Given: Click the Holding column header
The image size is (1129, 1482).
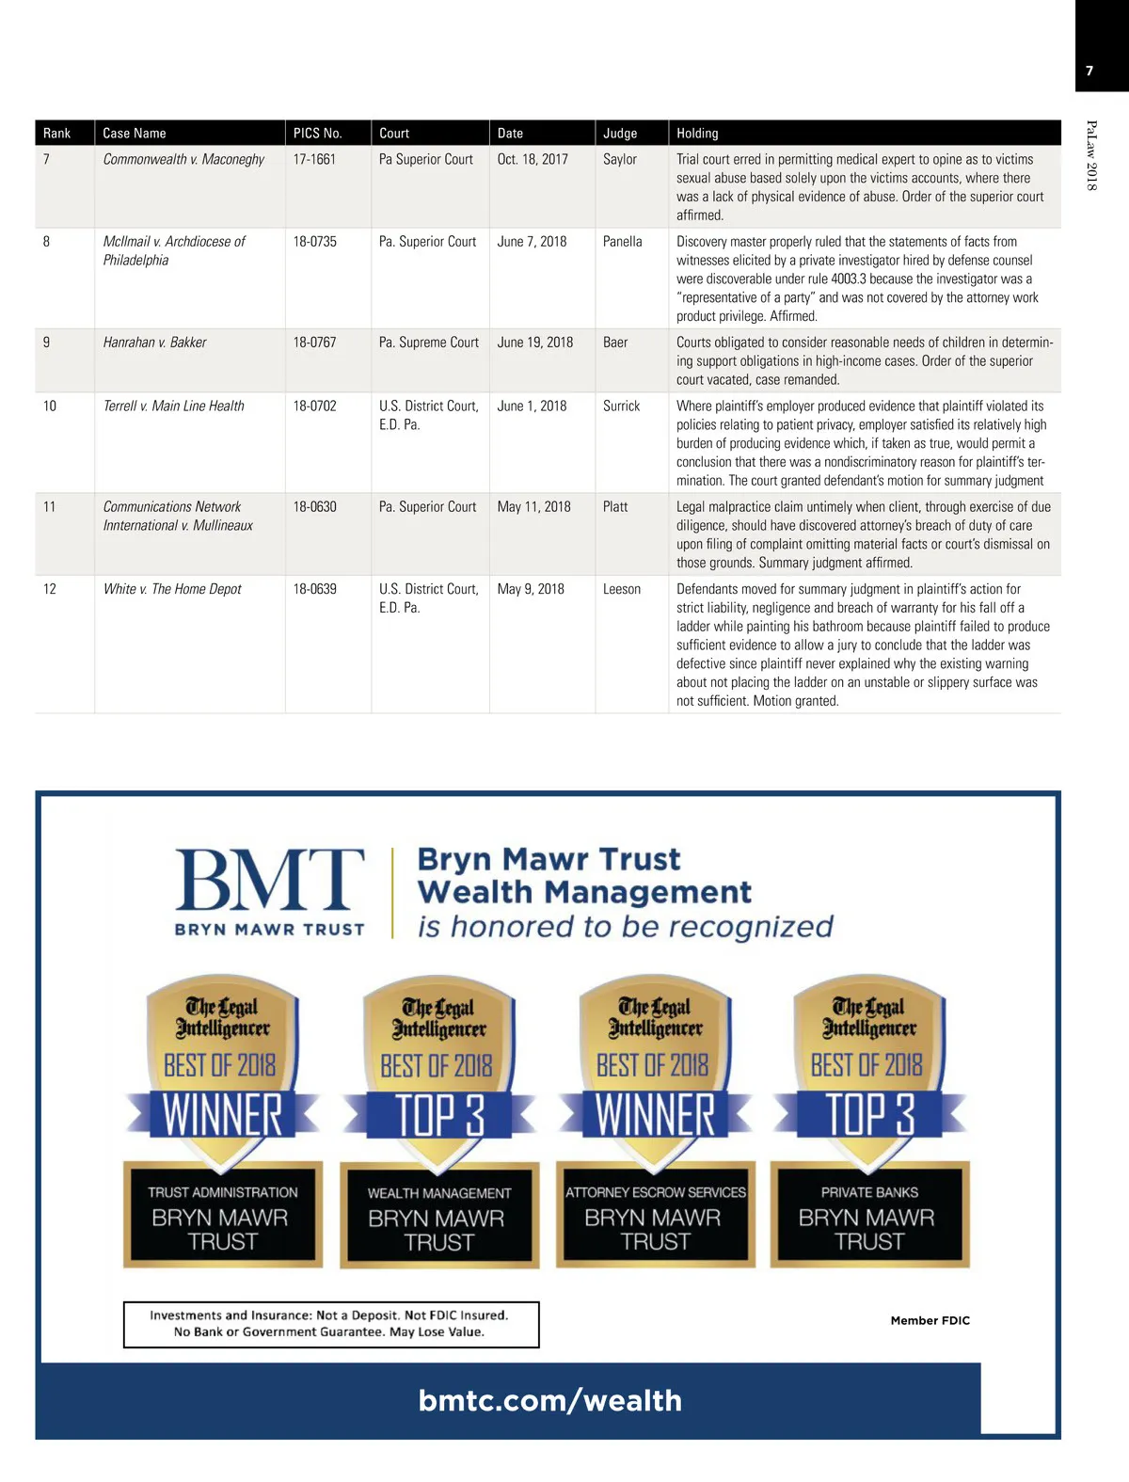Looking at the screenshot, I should pyautogui.click(x=697, y=134).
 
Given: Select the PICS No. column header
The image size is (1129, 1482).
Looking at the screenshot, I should pyautogui.click(x=317, y=134).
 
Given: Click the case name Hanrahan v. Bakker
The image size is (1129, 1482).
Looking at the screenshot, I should pyautogui.click(x=154, y=343).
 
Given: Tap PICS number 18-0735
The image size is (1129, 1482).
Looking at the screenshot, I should pyautogui.click(x=314, y=242).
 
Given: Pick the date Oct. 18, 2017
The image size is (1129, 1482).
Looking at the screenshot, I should pyautogui.click(x=533, y=160).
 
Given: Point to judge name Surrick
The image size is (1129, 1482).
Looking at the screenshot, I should pyautogui.click(x=621, y=406).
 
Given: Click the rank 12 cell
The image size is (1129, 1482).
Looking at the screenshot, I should pyautogui.click(x=50, y=589).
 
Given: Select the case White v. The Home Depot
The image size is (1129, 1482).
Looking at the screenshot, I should pyautogui.click(x=172, y=589).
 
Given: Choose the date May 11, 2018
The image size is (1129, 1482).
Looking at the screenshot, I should pyautogui.click(x=533, y=507).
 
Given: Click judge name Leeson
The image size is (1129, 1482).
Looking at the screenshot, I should pyautogui.click(x=621, y=589).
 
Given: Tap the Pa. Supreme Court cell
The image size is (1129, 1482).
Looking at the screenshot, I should pyautogui.click(x=428, y=343).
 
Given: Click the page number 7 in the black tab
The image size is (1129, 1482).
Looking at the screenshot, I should pyautogui.click(x=1089, y=71).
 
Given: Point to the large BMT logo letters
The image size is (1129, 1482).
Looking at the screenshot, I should pyautogui.click(x=269, y=879).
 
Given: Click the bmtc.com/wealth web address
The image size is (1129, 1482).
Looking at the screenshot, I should pyautogui.click(x=549, y=1400).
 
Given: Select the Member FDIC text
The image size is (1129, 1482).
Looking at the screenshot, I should pyautogui.click(x=930, y=1320).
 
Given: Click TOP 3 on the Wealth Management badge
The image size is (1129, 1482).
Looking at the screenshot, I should pyautogui.click(x=439, y=1115).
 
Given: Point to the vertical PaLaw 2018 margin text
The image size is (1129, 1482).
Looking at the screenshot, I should pyautogui.click(x=1091, y=155).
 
